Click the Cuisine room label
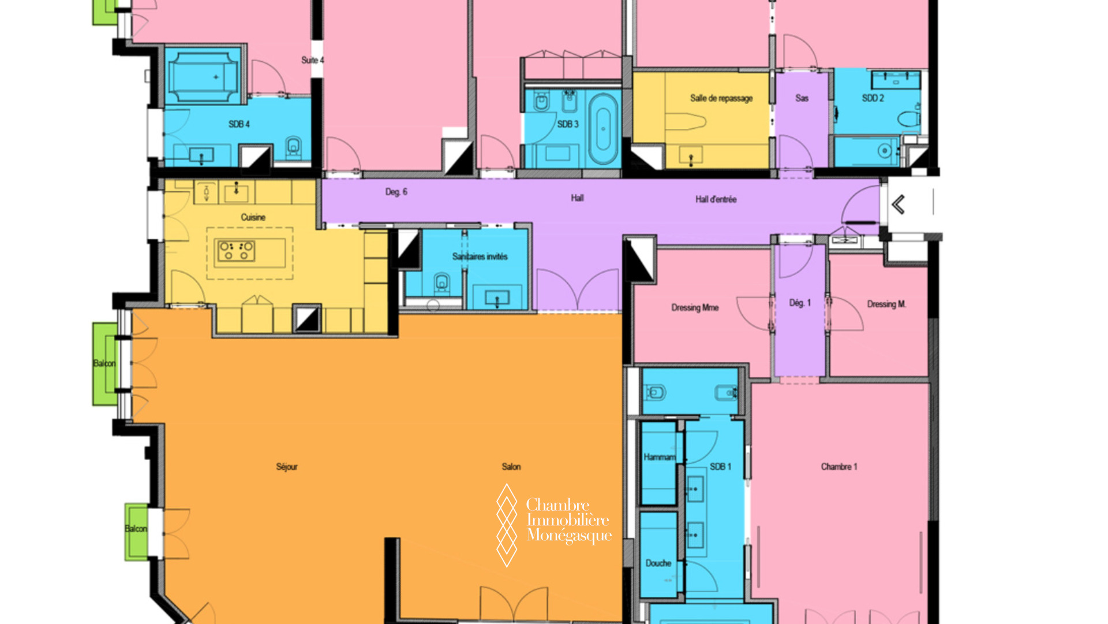click(x=253, y=217)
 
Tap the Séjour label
click(x=287, y=467)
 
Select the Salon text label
click(x=511, y=467)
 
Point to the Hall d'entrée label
click(x=716, y=199)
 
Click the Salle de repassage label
click(x=721, y=98)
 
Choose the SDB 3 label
click(x=568, y=124)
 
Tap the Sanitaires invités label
click(x=480, y=257)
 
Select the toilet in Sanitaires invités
click(x=441, y=282)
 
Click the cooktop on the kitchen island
click(x=235, y=251)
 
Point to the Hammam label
click(x=660, y=457)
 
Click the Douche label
click(x=658, y=563)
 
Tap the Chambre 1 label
click(x=839, y=467)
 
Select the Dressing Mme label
click(x=695, y=308)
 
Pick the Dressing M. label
click(x=886, y=304)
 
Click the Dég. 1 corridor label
click(x=800, y=303)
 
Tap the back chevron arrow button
click(x=898, y=205)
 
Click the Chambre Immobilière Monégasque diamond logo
click(x=507, y=525)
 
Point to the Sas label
click(x=802, y=98)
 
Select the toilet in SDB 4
click(x=293, y=147)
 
